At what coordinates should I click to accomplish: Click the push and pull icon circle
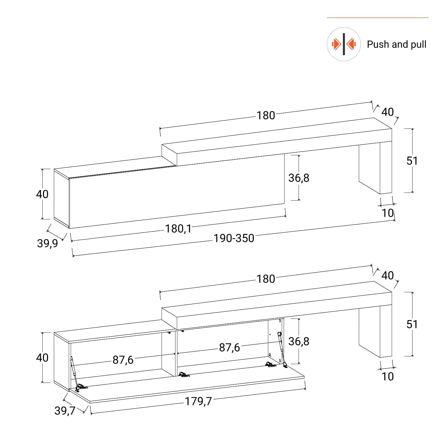click(x=344, y=44)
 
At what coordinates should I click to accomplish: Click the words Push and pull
click(x=396, y=44)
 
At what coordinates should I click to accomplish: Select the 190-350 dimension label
click(x=234, y=238)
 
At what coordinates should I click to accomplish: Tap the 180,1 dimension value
click(x=178, y=229)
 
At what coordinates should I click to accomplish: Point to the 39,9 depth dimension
click(x=48, y=243)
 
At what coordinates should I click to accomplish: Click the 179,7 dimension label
click(x=198, y=401)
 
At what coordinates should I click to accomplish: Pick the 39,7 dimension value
click(x=65, y=411)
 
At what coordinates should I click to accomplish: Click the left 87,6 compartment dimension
click(x=123, y=360)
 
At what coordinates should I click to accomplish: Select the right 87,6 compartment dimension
click(x=230, y=348)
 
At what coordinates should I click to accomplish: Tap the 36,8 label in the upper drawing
click(x=299, y=178)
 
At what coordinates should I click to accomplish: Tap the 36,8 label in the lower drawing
click(x=299, y=341)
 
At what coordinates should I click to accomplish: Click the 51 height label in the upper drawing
click(x=412, y=161)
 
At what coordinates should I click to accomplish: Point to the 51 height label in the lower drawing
click(x=412, y=324)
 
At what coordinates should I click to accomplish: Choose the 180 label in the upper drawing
click(x=266, y=115)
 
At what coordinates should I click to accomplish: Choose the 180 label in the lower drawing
click(x=266, y=279)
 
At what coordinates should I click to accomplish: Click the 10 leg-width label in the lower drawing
click(x=388, y=376)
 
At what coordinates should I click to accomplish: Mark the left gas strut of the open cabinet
click(x=74, y=369)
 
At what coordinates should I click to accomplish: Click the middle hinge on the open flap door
click(x=183, y=374)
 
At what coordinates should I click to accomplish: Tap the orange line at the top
click(x=378, y=18)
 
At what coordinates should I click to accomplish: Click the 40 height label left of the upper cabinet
click(x=42, y=194)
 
